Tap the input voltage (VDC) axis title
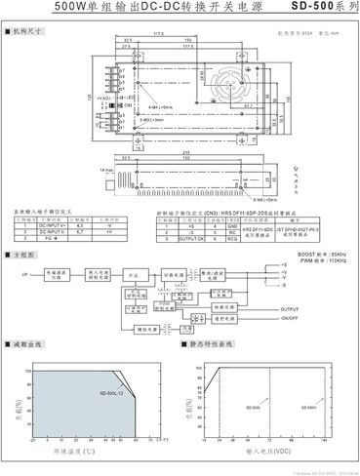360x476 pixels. [268, 453]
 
